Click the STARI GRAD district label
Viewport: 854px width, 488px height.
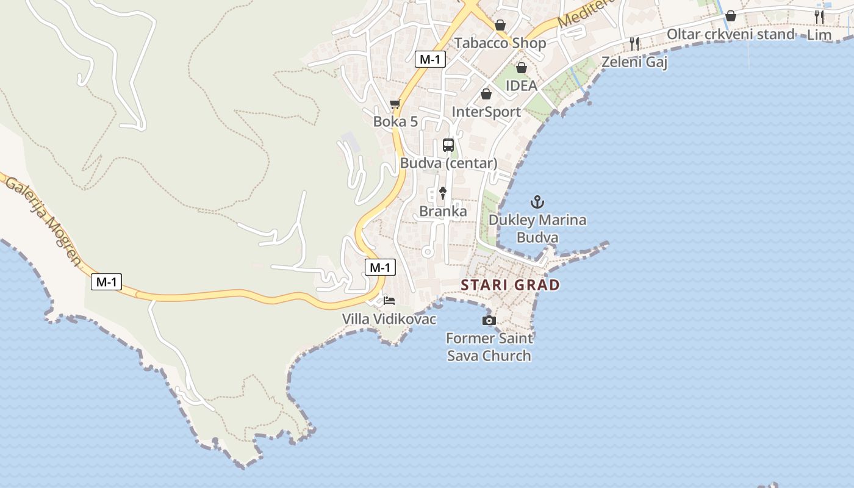pos(510,285)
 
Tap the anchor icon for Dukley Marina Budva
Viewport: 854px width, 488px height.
pos(537,202)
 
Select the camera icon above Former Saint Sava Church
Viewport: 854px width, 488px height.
pos(489,321)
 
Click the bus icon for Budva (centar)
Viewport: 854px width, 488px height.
pos(448,145)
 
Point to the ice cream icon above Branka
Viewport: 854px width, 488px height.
pos(443,193)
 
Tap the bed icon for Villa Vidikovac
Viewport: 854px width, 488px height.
pos(389,301)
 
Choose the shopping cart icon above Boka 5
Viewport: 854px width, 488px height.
pos(395,104)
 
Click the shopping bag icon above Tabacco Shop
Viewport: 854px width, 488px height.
pos(500,25)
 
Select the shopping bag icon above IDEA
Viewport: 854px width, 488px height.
pos(522,68)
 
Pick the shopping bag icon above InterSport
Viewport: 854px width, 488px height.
pos(486,94)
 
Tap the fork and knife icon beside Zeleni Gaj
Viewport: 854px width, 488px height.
pos(634,43)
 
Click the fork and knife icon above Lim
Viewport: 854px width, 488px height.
pos(819,17)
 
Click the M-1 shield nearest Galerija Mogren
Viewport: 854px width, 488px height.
pos(107,282)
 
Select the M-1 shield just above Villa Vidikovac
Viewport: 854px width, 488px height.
pos(380,267)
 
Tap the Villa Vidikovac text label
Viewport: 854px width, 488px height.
pos(389,319)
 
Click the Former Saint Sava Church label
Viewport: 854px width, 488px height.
pos(489,347)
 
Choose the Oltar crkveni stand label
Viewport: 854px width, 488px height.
pos(731,34)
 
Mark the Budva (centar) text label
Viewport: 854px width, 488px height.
pos(448,163)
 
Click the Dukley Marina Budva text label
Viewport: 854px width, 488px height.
pos(537,229)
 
